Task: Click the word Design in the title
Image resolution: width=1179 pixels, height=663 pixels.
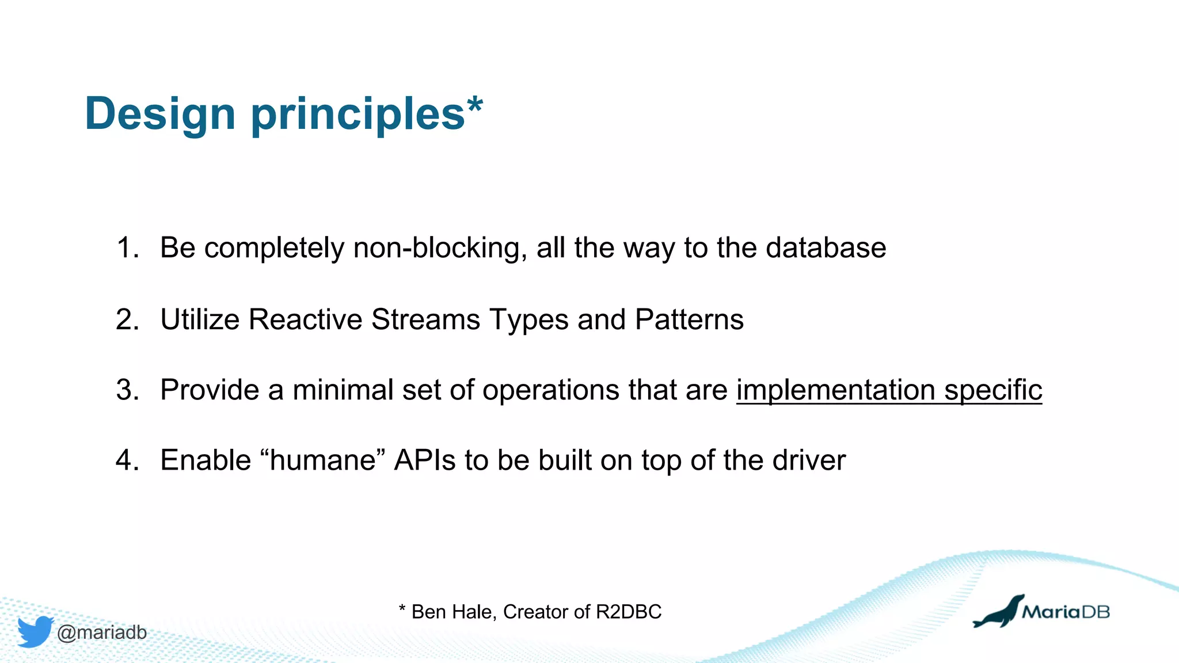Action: pos(159,114)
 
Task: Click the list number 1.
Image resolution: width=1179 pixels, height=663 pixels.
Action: pos(127,248)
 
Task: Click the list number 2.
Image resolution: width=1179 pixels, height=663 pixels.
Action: pos(127,319)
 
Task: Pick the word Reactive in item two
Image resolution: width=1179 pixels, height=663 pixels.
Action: pos(306,319)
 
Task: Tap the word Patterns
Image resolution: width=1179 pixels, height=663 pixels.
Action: pos(689,319)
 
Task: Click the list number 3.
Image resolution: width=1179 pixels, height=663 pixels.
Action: pos(127,390)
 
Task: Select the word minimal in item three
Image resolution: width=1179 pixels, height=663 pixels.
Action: pos(343,390)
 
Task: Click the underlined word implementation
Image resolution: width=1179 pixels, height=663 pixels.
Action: pos(835,390)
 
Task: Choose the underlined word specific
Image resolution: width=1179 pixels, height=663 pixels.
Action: pos(993,390)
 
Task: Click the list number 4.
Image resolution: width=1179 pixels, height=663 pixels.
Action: pos(127,460)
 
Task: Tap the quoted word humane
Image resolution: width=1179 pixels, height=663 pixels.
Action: pos(323,460)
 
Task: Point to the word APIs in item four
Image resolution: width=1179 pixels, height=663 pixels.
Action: pos(425,460)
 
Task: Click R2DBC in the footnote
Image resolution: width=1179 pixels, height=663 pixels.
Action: pos(629,612)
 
